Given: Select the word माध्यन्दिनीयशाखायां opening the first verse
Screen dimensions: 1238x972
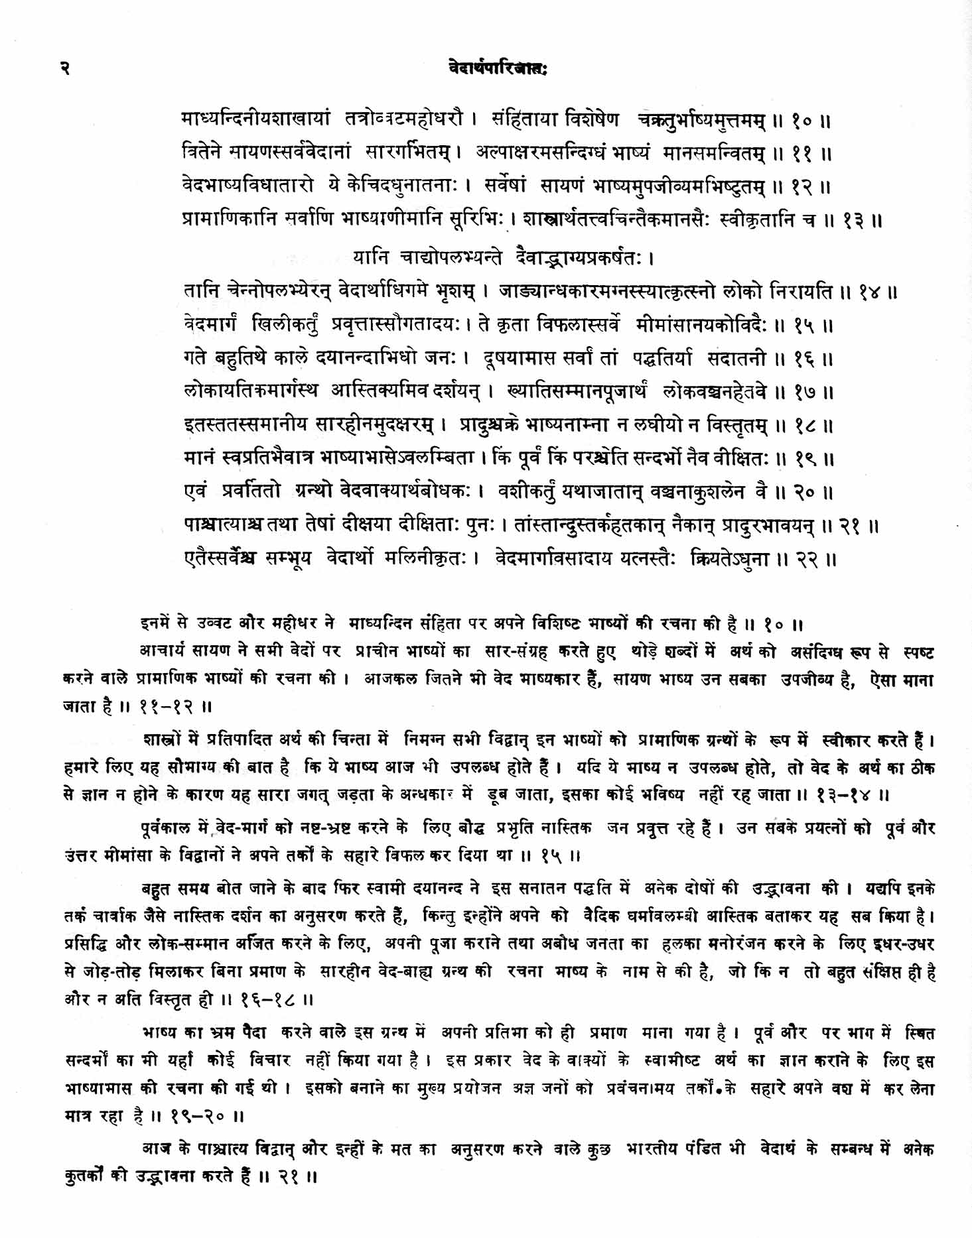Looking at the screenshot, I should click(255, 120).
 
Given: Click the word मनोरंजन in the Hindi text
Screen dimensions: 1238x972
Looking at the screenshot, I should click(723, 944).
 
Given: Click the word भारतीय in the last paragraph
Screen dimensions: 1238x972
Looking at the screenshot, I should click(653, 1149).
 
